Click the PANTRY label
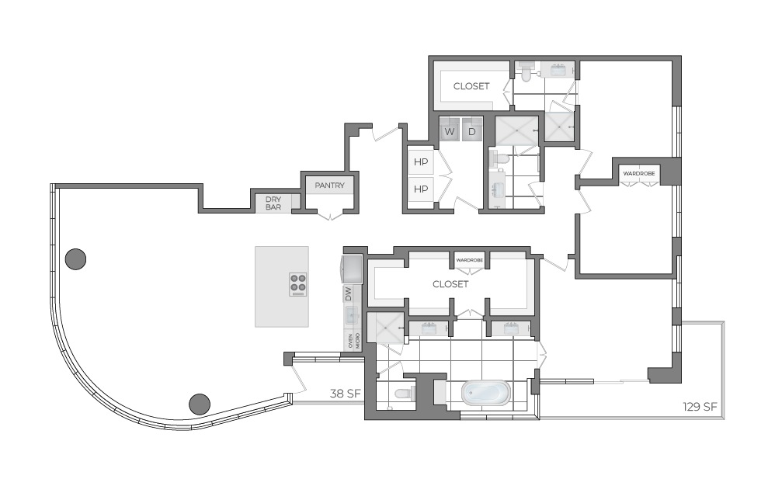point(330,186)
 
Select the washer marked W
point(450,131)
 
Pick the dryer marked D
point(472,131)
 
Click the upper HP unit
point(421,163)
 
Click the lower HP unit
point(421,189)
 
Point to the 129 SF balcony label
point(699,406)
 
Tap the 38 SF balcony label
point(345,393)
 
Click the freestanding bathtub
point(485,393)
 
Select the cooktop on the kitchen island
point(298,284)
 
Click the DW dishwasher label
point(349,294)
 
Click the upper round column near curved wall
point(75,259)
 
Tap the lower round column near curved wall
point(200,403)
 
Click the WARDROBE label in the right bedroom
point(639,173)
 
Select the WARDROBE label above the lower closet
point(469,260)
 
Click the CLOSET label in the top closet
point(471,86)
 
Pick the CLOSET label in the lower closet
point(450,284)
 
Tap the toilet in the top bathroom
point(527,72)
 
